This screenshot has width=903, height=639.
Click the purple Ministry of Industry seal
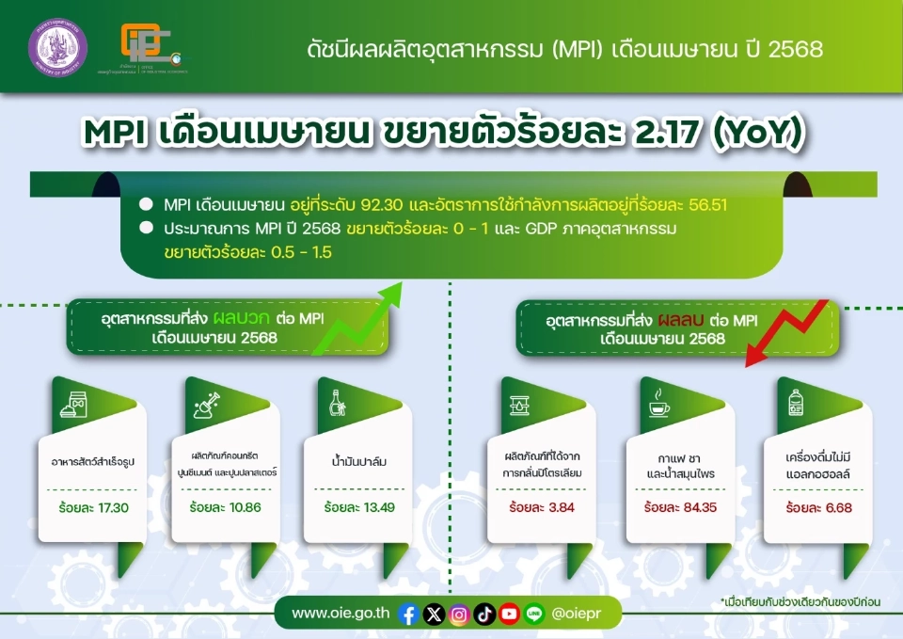click(56, 46)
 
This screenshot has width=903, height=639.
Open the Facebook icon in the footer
click(408, 614)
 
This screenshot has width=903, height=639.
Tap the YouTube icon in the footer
click(509, 614)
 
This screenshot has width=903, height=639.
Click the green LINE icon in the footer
click(534, 614)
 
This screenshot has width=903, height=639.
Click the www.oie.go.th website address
click(341, 614)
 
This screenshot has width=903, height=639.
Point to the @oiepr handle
click(579, 614)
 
